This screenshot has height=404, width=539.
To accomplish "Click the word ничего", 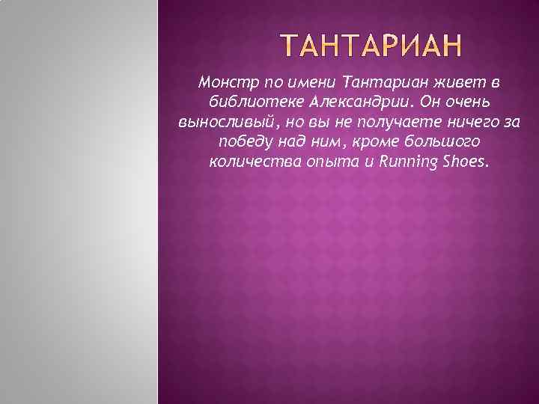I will pyautogui.click(x=451, y=121).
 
